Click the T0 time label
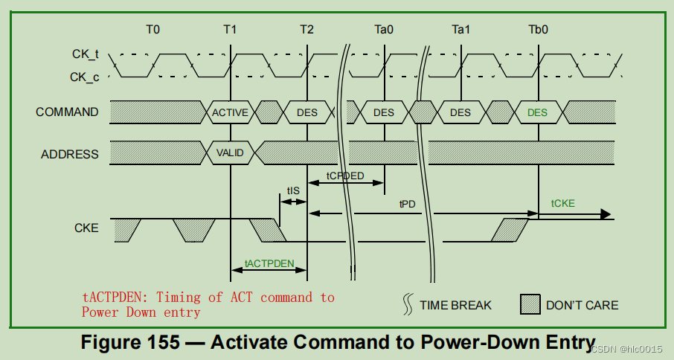coord(153,30)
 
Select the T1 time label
coord(230,30)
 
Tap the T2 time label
coord(306,30)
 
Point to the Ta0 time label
coord(384,30)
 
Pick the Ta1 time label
coord(461,30)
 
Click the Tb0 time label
coord(538,30)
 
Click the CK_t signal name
coord(85,54)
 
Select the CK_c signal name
coord(85,76)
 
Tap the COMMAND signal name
coord(67,112)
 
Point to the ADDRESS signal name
coord(69,155)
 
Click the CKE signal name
coord(86,228)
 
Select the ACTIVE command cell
coord(230,112)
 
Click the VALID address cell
coord(230,154)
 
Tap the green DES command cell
coord(537,112)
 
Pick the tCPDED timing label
coord(345,176)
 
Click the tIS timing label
coord(293,191)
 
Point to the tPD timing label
coord(407,204)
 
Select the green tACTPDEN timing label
coord(269,264)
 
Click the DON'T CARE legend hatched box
coord(529,303)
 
